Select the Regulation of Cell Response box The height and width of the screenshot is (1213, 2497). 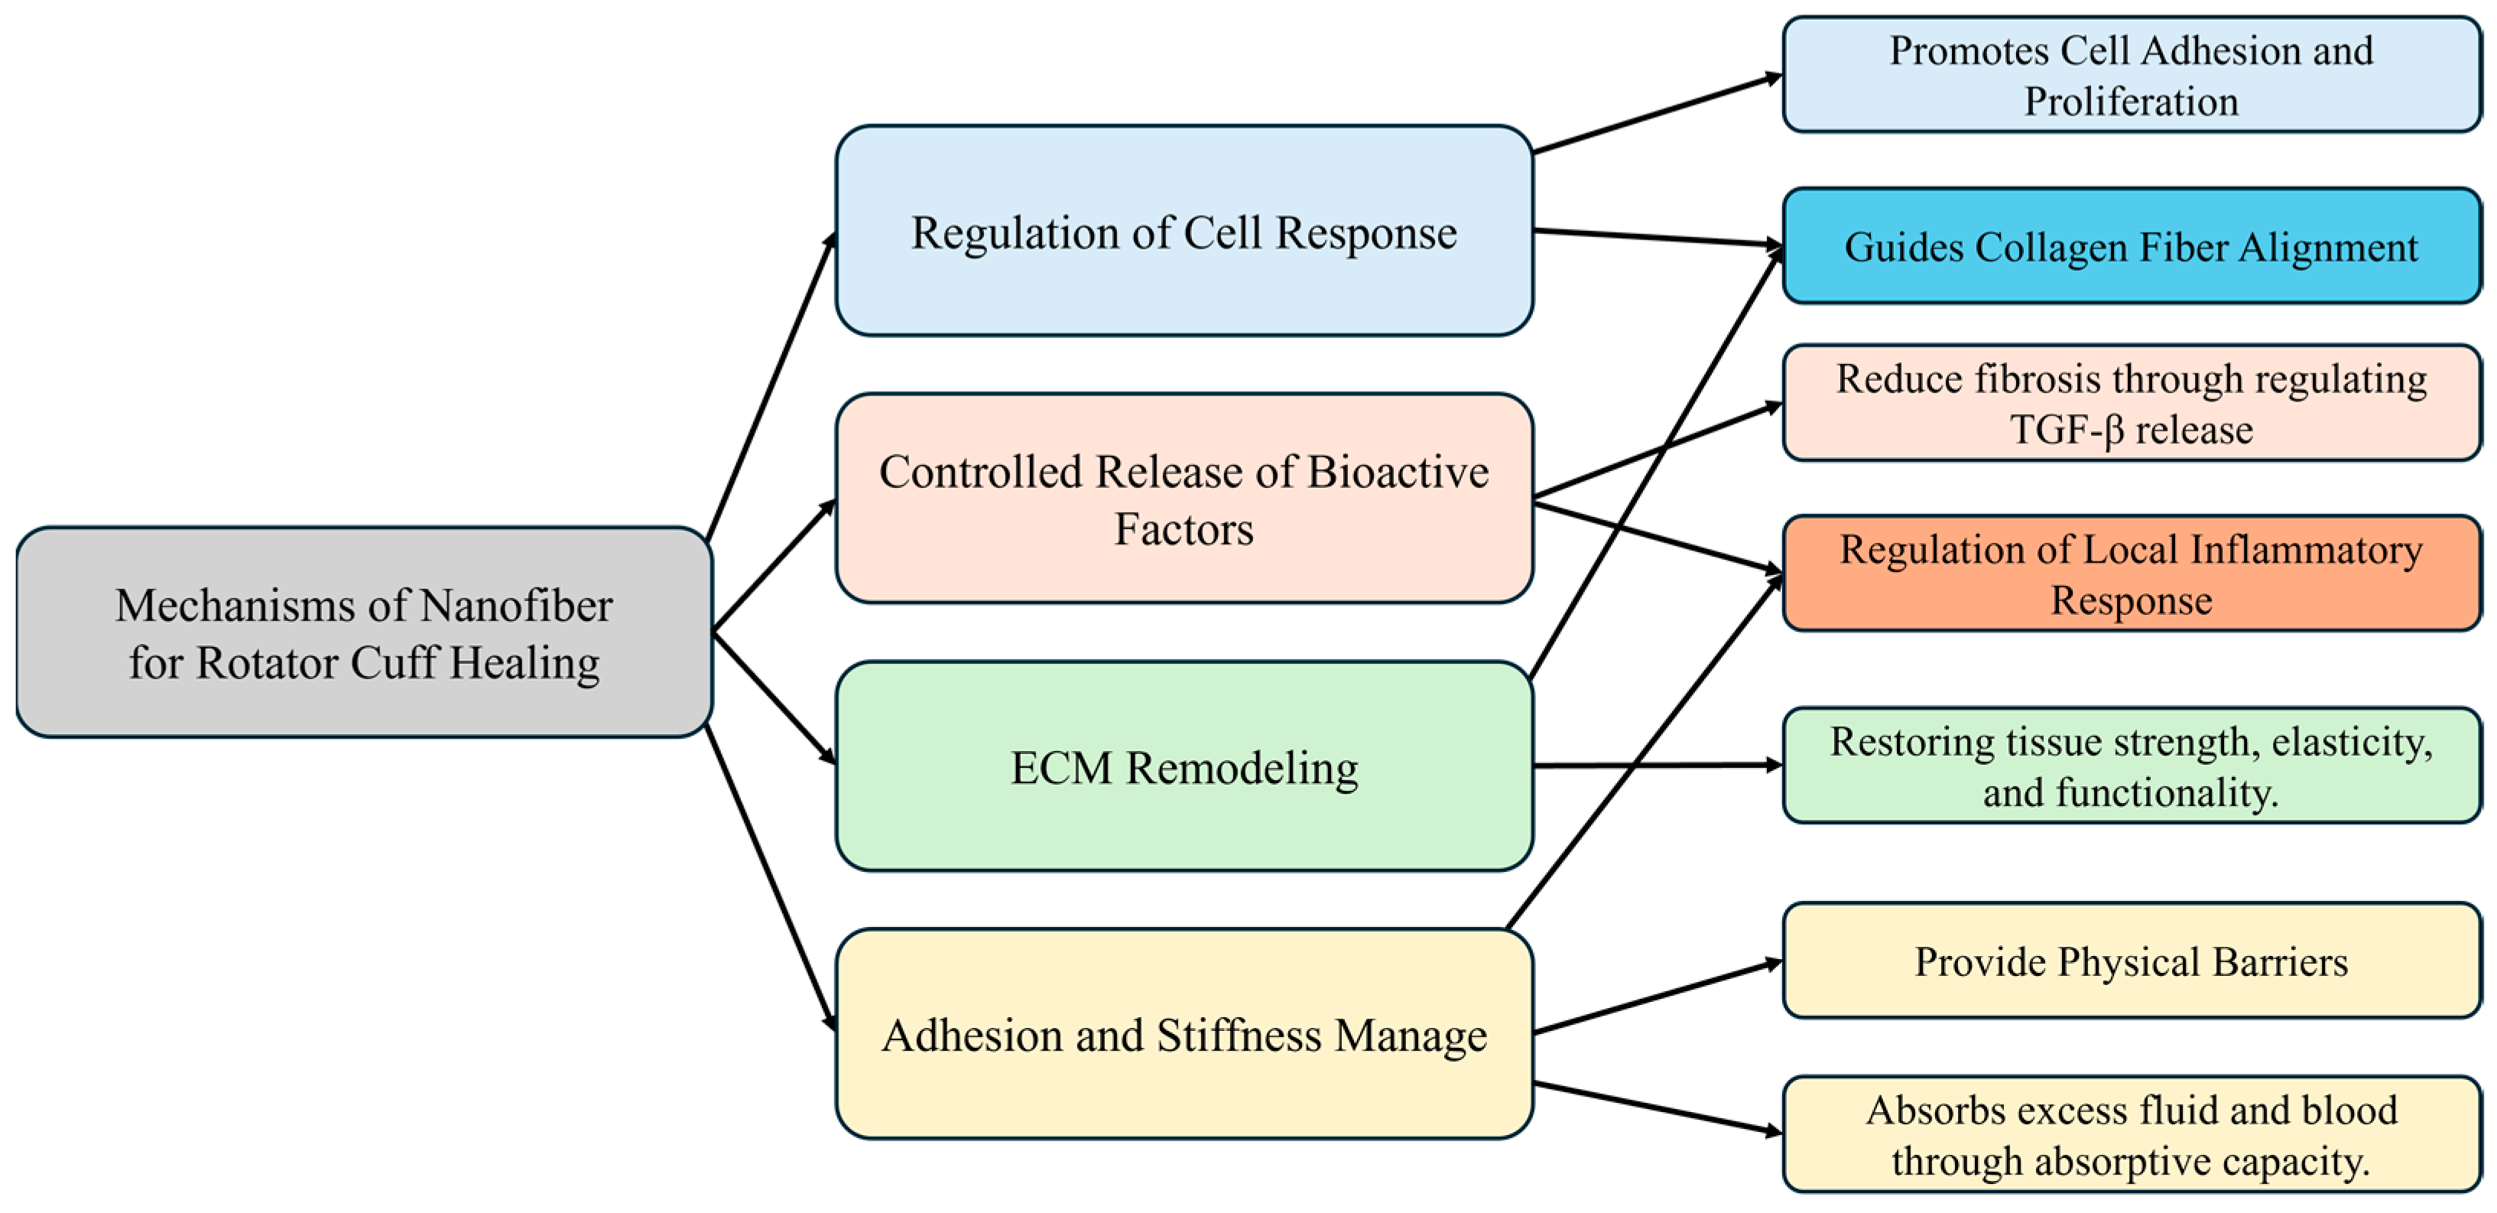pyautogui.click(x=1184, y=231)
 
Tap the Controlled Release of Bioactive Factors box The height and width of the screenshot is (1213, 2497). pyautogui.click(x=1184, y=499)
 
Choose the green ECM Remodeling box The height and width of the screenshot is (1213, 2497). pyautogui.click(x=1184, y=766)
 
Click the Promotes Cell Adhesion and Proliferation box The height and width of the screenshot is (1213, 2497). pyautogui.click(x=2131, y=75)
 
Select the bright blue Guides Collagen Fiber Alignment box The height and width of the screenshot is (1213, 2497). pyautogui.click(x=2131, y=246)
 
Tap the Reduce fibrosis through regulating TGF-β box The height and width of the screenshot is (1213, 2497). pyautogui.click(x=2131, y=402)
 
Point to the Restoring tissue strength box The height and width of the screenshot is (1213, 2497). pyautogui.click(x=2131, y=766)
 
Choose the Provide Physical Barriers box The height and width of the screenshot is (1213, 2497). pyautogui.click(x=2131, y=961)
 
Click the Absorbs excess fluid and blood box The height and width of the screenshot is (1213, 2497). pyautogui.click(x=2131, y=1133)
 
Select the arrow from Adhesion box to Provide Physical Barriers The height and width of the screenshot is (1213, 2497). pyautogui.click(x=1658, y=998)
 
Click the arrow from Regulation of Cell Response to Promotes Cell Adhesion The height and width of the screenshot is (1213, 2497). pyautogui.click(x=1658, y=113)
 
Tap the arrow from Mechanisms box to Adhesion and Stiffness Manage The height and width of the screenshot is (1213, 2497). pyautogui.click(x=771, y=877)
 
